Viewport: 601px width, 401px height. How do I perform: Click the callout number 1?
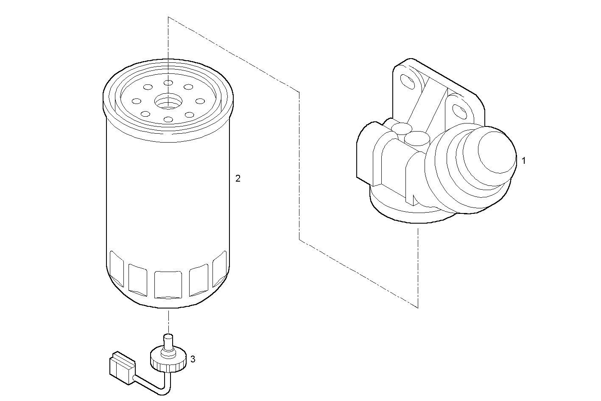tap(523, 161)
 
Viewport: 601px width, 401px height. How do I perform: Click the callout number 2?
tap(238, 179)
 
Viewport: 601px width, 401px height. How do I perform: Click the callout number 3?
tap(193, 359)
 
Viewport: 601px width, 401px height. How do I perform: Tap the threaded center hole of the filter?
tap(168, 102)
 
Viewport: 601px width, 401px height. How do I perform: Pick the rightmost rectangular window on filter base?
tap(219, 267)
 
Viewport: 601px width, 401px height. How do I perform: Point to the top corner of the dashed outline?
tap(168, 17)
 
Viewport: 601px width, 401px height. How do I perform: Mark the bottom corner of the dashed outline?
tap(418, 307)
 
